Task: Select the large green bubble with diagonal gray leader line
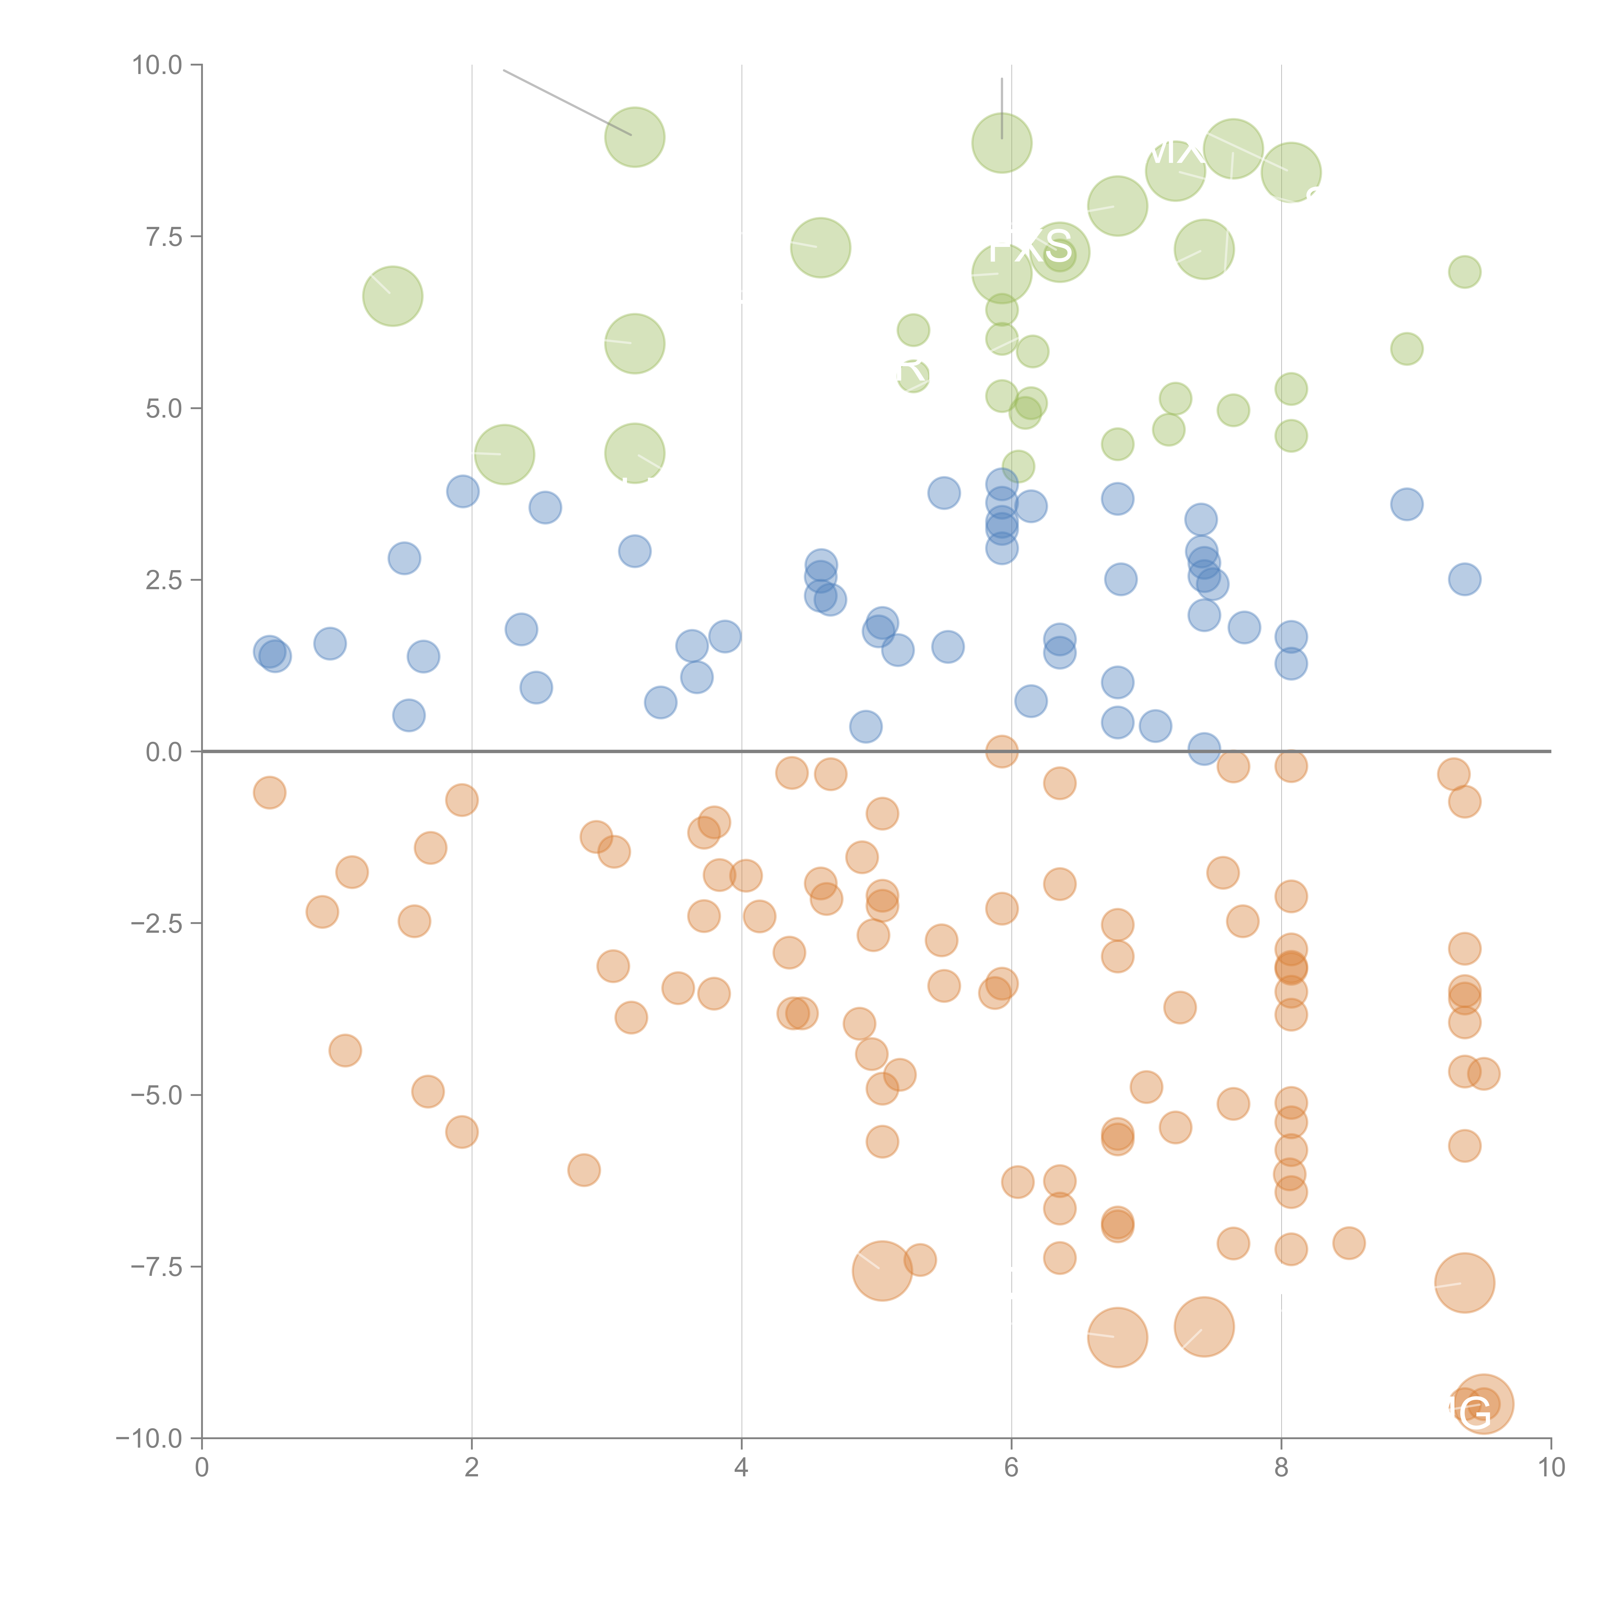(x=635, y=137)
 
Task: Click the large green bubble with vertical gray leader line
(x=1001, y=143)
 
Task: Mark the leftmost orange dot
(x=269, y=792)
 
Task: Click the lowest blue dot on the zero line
(x=1204, y=749)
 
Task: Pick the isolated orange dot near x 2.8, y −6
(x=584, y=1169)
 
